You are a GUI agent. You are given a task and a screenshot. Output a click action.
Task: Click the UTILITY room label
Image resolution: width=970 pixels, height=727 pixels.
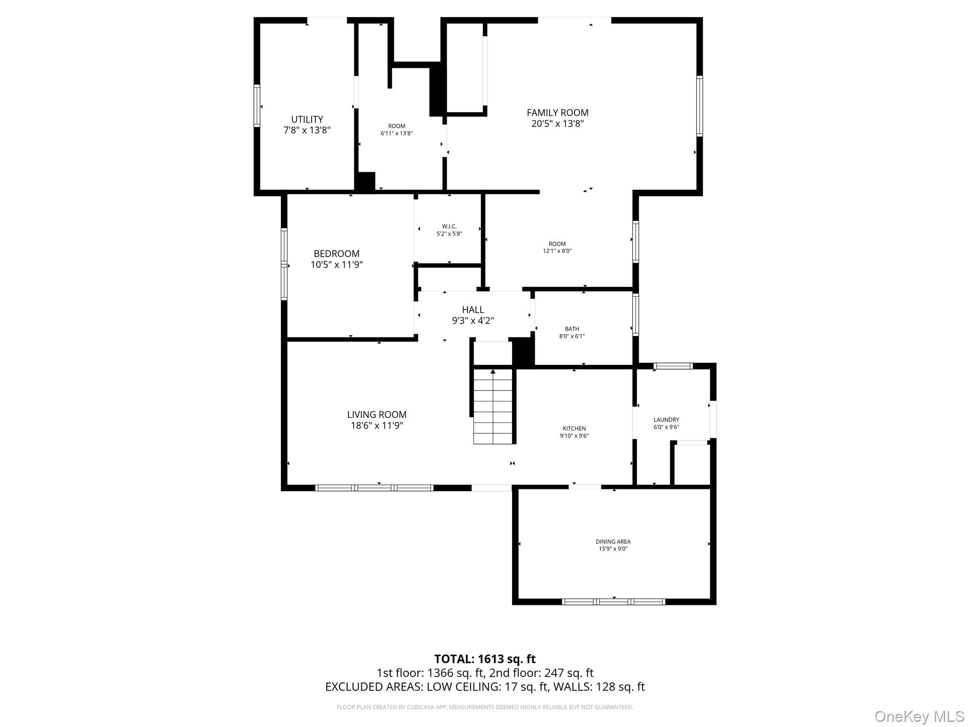tap(307, 119)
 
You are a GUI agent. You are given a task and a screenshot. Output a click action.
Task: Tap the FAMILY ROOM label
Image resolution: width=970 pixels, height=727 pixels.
tap(557, 113)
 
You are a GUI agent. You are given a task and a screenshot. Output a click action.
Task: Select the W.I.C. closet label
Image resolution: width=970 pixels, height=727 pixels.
tap(449, 226)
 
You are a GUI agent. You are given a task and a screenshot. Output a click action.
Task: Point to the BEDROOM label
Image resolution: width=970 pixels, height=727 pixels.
tap(336, 254)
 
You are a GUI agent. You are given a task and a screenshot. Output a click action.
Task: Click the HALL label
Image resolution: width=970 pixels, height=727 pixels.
tap(473, 310)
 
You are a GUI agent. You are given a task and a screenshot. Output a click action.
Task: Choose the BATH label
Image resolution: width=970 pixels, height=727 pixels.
tap(572, 329)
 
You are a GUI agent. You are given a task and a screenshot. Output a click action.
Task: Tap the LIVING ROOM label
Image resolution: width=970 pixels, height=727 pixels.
tap(377, 415)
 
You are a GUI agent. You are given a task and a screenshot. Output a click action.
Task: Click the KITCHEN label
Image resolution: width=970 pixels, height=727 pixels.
tap(574, 428)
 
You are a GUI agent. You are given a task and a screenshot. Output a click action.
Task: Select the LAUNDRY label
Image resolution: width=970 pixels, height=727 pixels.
tap(666, 420)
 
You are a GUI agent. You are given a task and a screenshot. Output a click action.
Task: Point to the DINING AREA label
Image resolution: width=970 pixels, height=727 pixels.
tap(613, 541)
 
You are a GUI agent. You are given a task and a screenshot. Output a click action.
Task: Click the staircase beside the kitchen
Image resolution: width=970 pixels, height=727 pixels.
tap(493, 407)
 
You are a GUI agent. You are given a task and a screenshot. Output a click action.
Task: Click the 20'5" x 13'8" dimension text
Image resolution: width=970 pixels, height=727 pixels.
tap(557, 124)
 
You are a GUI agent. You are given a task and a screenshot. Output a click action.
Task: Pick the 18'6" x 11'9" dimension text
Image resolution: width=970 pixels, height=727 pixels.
tap(377, 426)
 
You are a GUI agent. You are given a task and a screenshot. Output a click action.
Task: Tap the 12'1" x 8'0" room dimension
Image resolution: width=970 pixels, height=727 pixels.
tap(557, 251)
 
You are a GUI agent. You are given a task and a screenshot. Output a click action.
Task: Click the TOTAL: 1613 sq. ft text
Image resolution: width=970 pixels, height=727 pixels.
tap(485, 659)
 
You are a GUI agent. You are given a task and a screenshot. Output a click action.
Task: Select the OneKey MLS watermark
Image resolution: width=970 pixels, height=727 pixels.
tap(919, 716)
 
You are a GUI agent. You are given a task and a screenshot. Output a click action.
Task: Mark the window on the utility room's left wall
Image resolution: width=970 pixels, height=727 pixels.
tap(257, 106)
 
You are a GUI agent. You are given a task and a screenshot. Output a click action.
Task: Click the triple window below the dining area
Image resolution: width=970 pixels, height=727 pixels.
tap(613, 602)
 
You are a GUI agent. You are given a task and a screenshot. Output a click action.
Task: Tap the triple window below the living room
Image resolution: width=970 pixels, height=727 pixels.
tap(374, 488)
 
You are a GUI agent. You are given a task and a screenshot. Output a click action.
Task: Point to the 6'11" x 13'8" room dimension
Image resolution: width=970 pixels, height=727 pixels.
tap(396, 133)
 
